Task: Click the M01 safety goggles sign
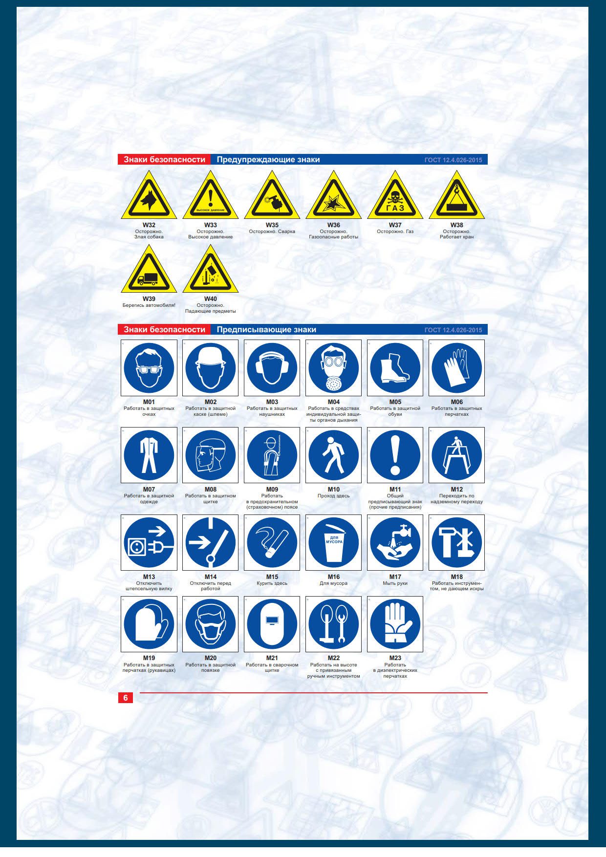click(149, 368)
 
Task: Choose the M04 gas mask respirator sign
click(334, 368)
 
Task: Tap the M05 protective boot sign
click(395, 368)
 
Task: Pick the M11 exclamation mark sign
click(395, 455)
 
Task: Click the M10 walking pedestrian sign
click(334, 455)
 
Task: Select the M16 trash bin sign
click(334, 542)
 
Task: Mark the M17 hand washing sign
click(395, 542)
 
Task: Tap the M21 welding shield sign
click(272, 624)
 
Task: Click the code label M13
click(149, 577)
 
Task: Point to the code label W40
click(211, 299)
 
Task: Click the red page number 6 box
click(126, 698)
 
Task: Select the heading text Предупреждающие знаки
click(268, 159)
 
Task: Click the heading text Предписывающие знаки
click(266, 330)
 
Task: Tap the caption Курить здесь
click(272, 583)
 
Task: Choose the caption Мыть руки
click(395, 583)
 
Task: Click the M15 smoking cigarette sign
click(272, 542)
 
